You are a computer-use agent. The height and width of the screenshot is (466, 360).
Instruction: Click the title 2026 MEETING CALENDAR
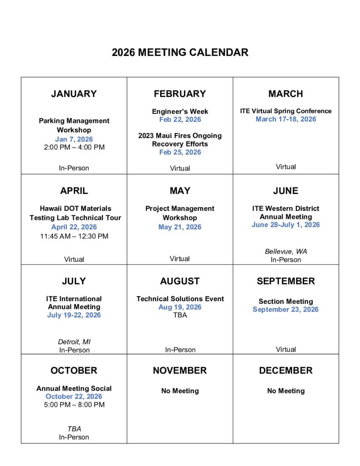tap(180, 52)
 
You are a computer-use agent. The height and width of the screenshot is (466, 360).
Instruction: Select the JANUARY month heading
tap(74, 94)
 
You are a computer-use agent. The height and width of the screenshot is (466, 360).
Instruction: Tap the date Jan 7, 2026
tap(74, 139)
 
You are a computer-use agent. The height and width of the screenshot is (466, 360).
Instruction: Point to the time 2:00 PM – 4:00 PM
tap(74, 147)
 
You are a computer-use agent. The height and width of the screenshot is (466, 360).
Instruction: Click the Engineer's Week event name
tap(180, 111)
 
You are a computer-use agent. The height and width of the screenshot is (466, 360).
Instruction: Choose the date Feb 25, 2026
tap(180, 152)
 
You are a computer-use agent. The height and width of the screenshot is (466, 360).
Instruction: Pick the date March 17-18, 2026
tap(286, 119)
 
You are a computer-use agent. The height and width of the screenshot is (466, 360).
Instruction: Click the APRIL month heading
tap(74, 191)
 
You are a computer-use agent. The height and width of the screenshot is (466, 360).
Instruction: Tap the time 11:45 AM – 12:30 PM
tap(74, 236)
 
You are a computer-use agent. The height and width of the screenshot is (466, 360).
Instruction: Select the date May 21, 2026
tap(180, 227)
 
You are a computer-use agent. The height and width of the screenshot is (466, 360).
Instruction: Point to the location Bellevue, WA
tap(286, 252)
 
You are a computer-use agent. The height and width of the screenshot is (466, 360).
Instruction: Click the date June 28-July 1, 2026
tap(286, 225)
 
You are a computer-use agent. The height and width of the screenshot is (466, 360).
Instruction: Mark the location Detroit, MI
tap(74, 342)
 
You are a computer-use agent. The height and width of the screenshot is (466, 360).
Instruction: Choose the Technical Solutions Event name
tap(180, 299)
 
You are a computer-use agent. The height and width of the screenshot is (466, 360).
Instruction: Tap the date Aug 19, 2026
tap(180, 307)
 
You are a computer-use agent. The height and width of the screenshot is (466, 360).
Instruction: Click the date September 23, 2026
tap(286, 309)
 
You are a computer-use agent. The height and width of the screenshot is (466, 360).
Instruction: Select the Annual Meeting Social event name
tap(74, 389)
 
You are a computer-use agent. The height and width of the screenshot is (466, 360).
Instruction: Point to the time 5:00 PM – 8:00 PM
tap(74, 405)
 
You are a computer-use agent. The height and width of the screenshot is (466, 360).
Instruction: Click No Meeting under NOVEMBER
tap(180, 391)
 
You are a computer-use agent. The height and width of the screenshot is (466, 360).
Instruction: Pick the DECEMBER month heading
tap(286, 370)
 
